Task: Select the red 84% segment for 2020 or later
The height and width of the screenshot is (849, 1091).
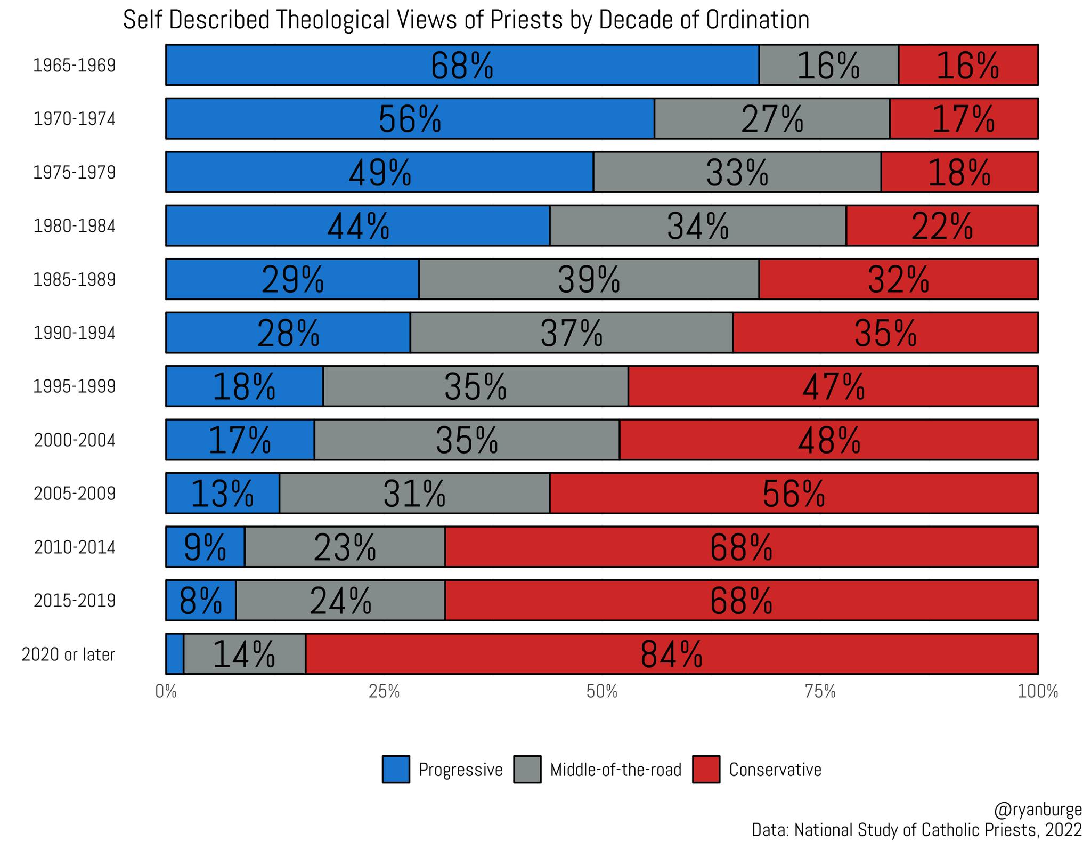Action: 671,654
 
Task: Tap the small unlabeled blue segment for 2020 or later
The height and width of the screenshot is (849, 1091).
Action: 175,654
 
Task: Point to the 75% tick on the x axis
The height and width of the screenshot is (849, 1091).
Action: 820,692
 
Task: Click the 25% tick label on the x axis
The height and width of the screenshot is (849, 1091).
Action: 384,692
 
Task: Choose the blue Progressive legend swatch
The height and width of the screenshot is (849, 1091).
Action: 396,769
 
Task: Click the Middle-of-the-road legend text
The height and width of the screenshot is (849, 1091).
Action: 615,770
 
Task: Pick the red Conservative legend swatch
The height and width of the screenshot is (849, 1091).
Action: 706,769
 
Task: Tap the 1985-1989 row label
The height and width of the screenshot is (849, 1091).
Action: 75,279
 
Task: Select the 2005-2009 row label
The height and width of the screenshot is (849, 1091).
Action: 75,494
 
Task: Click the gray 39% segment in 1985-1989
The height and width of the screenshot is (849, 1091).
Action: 589,279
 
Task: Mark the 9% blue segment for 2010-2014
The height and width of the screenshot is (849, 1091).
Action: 205,547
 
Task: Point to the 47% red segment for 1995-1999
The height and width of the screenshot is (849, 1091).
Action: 833,386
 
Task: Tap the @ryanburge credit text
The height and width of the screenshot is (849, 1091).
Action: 1037,810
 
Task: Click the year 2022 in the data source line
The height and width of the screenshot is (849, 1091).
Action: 1063,830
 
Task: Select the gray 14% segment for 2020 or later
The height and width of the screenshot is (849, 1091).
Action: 244,654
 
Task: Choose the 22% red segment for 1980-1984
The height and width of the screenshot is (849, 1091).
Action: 942,226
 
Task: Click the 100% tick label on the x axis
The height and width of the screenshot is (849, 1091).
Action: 1037,692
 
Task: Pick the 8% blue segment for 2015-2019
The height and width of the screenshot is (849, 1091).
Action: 200,601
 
